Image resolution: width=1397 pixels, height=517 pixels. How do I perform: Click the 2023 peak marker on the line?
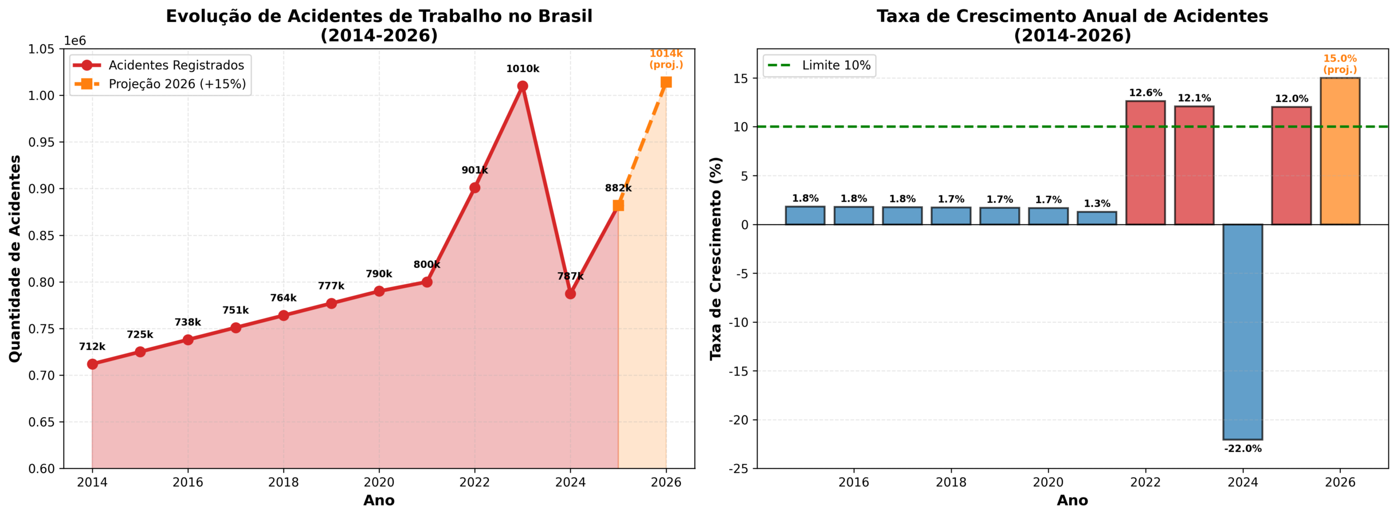click(522, 86)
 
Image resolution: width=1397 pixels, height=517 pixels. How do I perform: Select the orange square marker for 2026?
click(666, 82)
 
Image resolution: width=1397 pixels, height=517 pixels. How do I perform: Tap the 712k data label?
click(92, 347)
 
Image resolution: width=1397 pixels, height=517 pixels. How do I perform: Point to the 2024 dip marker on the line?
click(570, 294)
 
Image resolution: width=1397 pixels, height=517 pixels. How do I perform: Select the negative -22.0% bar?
click(1243, 332)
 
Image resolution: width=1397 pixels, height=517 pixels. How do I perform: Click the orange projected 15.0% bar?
click(1340, 151)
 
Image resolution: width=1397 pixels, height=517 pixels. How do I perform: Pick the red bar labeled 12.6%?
click(1145, 163)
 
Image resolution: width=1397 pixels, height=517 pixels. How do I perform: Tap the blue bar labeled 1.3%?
click(1097, 218)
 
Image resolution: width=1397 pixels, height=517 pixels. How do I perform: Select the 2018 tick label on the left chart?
click(283, 483)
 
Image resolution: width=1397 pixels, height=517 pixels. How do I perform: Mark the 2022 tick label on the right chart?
click(1145, 483)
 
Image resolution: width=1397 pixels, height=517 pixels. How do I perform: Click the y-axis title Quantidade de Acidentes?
click(15, 258)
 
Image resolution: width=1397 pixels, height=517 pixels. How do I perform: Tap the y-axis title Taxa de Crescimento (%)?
click(715, 258)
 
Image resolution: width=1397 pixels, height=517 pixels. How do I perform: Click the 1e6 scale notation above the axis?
click(75, 41)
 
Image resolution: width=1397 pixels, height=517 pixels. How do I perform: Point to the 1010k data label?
click(522, 69)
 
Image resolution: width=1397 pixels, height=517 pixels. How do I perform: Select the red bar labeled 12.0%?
click(1291, 165)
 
